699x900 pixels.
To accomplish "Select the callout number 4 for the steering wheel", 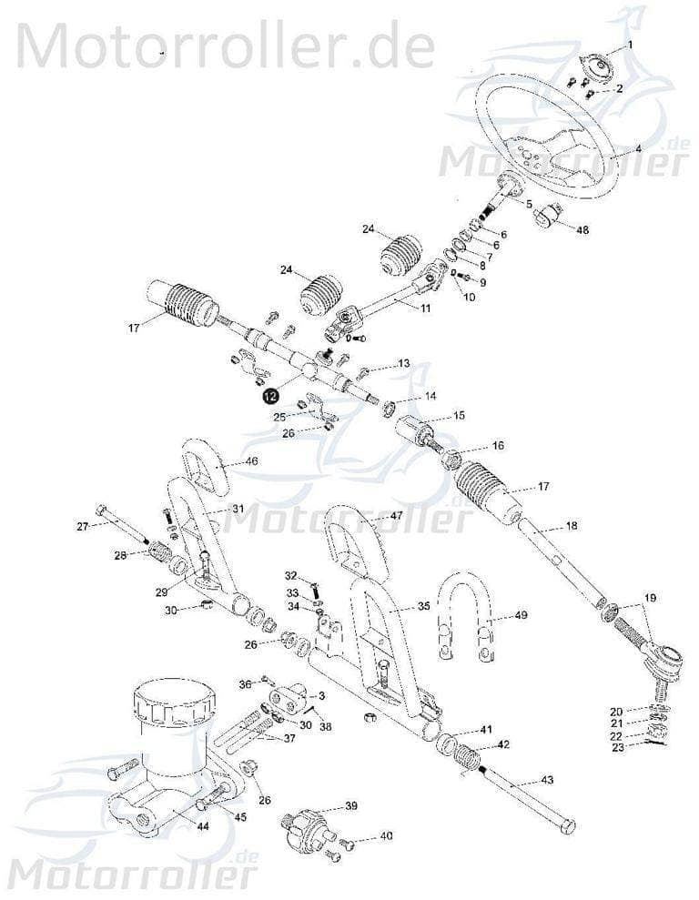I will (639, 148).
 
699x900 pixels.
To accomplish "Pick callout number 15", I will (460, 416).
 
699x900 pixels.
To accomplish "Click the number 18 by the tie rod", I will (572, 526).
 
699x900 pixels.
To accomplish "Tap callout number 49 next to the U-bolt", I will (521, 615).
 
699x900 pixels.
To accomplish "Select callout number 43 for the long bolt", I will (547, 779).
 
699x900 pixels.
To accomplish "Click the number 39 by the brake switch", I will (350, 806).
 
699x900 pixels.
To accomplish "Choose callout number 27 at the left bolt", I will (83, 526).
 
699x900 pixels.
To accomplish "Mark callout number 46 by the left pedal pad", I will (252, 461).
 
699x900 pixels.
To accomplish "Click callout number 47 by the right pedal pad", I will (397, 516).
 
